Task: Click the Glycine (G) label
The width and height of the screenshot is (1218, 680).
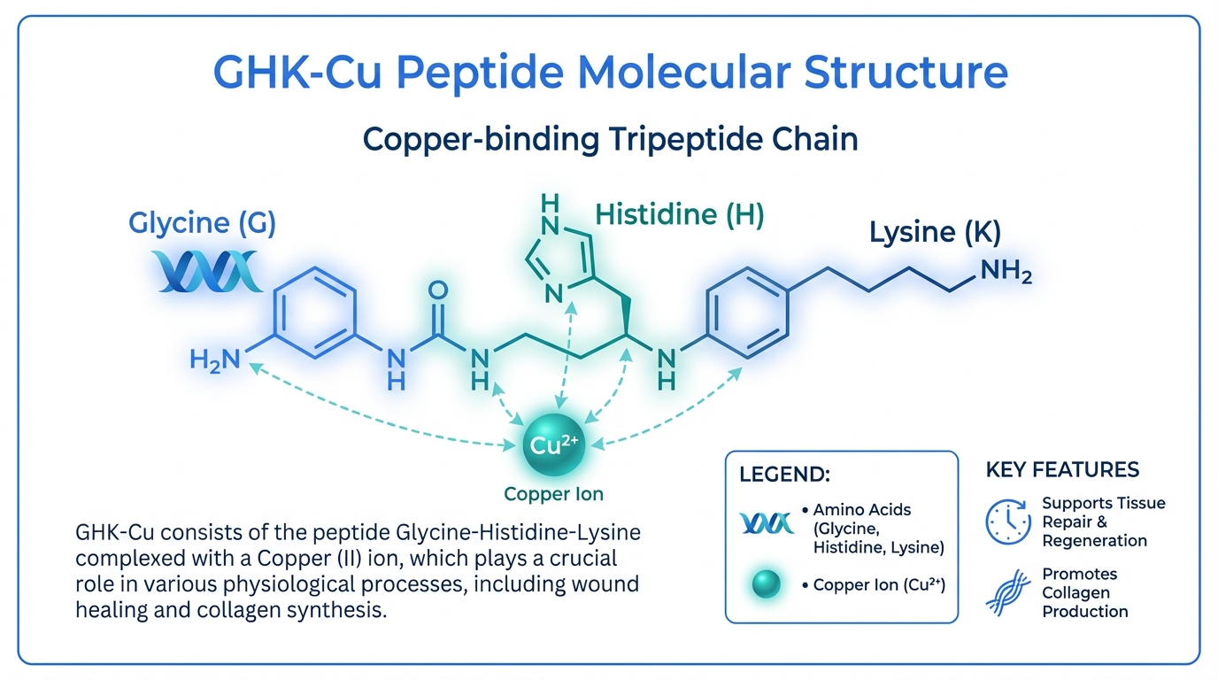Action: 203,223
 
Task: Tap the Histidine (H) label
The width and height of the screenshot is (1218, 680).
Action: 679,213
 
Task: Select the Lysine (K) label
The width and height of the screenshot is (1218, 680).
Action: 935,233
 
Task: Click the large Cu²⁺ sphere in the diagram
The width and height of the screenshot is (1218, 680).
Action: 555,446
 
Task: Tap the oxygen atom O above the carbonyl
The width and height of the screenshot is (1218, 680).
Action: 437,290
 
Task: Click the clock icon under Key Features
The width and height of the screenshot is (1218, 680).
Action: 1008,522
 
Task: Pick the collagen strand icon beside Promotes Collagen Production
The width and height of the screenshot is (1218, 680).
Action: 1008,592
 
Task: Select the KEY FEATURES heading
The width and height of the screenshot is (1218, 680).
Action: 1062,469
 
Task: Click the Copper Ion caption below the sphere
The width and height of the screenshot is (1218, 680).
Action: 553,494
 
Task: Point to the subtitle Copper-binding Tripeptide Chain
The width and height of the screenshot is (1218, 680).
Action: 611,140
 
